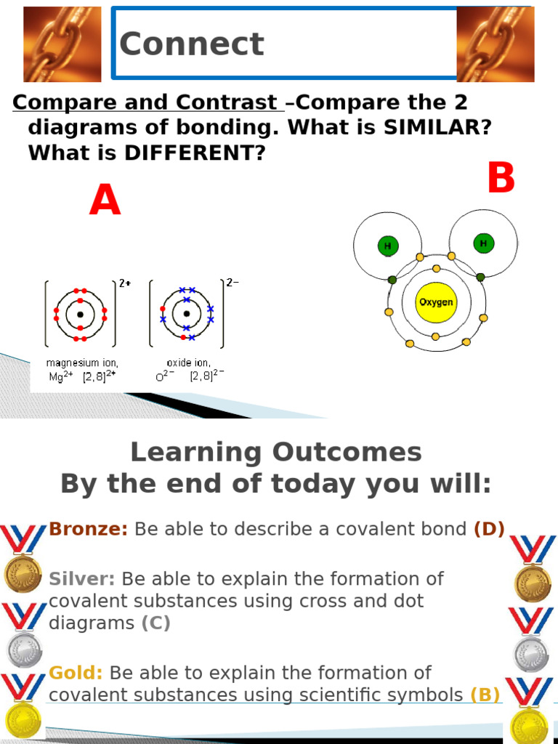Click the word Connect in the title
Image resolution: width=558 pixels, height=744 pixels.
[191, 44]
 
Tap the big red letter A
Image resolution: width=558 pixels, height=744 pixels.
[105, 201]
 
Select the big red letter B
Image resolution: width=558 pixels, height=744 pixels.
[501, 179]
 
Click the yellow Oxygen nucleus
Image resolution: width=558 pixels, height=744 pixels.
[436, 302]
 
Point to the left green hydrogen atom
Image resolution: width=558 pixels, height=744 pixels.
[387, 246]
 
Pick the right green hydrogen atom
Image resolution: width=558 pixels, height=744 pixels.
[483, 243]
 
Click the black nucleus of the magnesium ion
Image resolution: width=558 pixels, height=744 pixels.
[80, 315]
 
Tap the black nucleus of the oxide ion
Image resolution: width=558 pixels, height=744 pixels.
[187, 314]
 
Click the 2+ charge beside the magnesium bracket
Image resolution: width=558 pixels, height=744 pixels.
[125, 283]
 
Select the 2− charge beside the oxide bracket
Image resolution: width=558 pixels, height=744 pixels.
[232, 283]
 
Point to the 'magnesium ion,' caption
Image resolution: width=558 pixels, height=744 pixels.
[82, 362]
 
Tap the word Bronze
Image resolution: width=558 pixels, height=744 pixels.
[89, 529]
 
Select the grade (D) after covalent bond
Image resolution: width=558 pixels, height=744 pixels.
[489, 529]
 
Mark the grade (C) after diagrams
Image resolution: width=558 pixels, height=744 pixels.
[156, 623]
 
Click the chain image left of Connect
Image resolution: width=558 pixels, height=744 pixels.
[52, 44]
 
